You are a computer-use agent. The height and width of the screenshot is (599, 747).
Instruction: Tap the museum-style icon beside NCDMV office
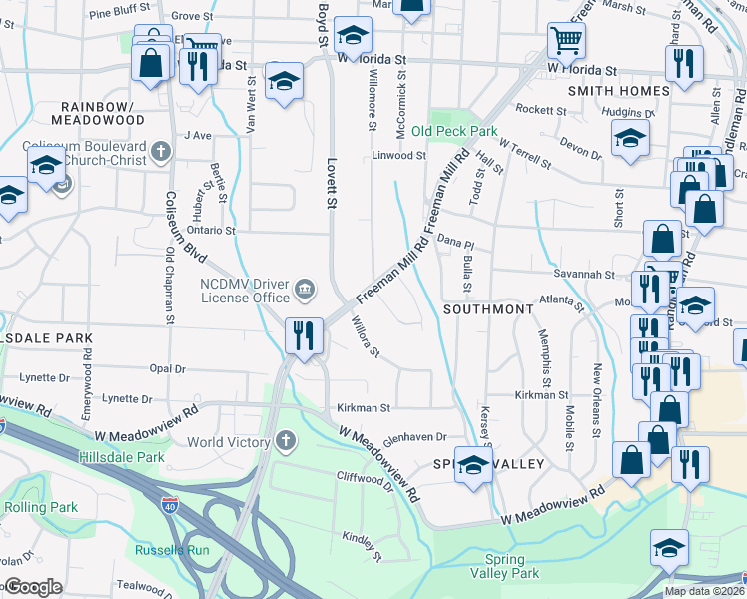pos(305,291)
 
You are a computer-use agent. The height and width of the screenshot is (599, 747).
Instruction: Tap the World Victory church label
pos(229,442)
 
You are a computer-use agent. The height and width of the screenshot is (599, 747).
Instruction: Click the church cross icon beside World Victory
pos(286,441)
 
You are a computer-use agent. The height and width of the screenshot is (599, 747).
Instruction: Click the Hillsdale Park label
pos(131,457)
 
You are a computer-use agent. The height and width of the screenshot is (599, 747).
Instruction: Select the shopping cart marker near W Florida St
pos(565,42)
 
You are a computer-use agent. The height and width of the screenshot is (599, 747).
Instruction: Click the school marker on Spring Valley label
pos(474,466)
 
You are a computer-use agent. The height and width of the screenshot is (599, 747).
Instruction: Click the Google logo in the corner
pos(32,587)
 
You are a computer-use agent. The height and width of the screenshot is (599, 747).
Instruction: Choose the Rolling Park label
pos(41,507)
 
